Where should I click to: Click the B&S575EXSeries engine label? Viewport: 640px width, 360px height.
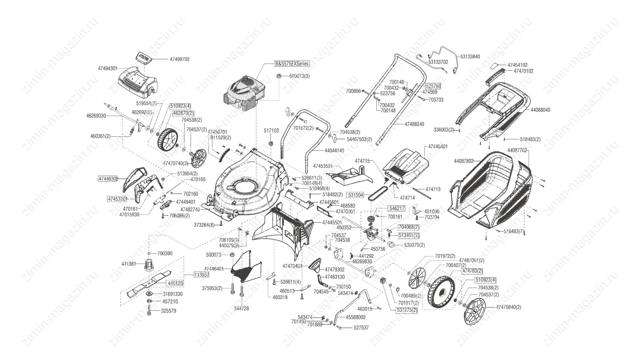tap(292, 63)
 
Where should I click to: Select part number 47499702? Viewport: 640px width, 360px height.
tap(179, 59)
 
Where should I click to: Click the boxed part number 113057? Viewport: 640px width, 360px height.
tap(201, 275)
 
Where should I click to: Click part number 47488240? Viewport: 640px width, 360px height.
tap(414, 124)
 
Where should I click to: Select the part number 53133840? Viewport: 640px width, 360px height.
tap(470, 57)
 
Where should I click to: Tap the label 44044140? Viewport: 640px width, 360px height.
tap(334, 151)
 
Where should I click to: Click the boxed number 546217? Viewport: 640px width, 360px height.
tap(397, 209)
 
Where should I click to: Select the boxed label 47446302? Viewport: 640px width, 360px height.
tap(108, 179)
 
